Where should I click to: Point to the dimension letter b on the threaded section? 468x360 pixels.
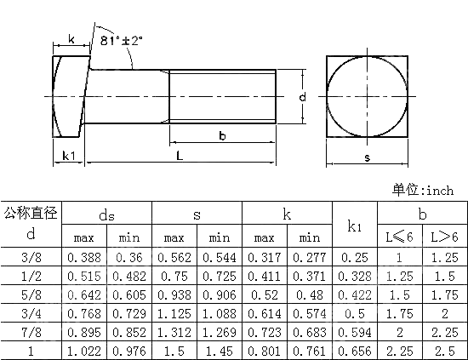[222, 135]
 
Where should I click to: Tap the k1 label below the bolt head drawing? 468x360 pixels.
[70, 156]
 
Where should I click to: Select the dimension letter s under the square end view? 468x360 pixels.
[367, 157]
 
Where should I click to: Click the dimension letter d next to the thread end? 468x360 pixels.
[302, 98]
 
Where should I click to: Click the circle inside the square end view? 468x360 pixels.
[367, 96]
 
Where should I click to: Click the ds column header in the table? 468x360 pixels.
[107, 214]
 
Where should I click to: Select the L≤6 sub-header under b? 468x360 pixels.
[398, 237]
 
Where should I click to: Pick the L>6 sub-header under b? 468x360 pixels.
[442, 237]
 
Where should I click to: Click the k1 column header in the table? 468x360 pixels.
[356, 226]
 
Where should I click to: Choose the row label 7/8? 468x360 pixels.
[31, 334]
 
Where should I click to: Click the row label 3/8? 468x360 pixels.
[31, 257]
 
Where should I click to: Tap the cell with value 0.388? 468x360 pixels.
[84, 257]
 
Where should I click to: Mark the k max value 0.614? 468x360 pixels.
[265, 315]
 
